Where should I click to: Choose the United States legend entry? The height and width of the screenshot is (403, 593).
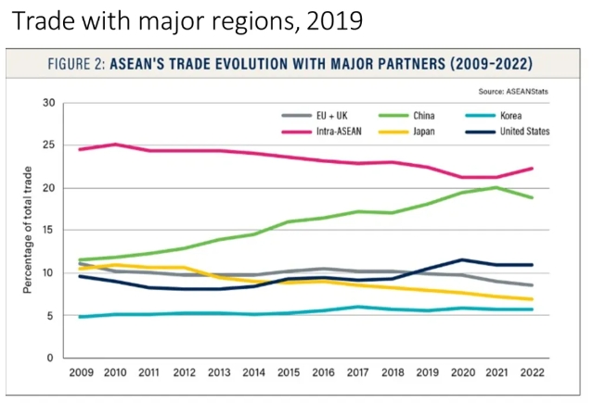click(524, 131)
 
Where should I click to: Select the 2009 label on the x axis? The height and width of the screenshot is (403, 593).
click(80, 373)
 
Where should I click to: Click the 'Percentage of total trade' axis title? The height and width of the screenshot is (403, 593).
click(29, 230)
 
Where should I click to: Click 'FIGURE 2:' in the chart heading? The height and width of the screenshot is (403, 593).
click(77, 65)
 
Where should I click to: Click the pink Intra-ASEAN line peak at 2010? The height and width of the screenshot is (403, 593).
click(115, 145)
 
